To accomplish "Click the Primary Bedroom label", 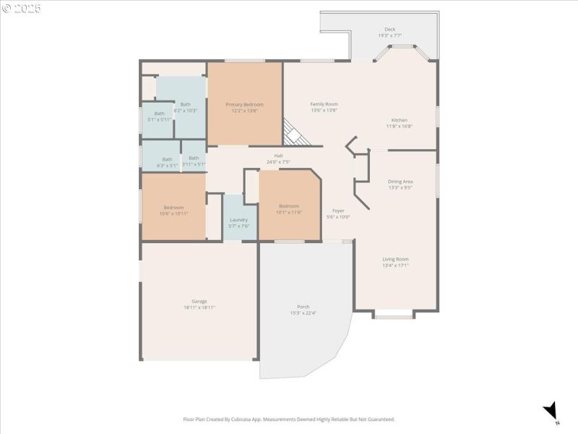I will (243, 104).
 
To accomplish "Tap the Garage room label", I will (199, 301).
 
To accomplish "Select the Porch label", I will (303, 307).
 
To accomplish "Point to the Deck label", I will (389, 30).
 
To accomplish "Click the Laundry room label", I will (239, 220).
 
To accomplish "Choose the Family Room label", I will (324, 104).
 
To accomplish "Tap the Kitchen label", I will (399, 120).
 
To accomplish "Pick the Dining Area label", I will (400, 182).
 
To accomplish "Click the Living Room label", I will (395, 259).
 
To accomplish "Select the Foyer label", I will (338, 210).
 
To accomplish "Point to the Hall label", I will (278, 156).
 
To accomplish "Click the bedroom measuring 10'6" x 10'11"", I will (173, 208).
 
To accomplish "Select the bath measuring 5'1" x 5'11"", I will (159, 114).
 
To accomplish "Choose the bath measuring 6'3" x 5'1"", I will (167, 160).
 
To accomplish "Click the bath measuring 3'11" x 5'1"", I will (194, 159).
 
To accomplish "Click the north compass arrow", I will (551, 410).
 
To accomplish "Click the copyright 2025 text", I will (22, 9).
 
